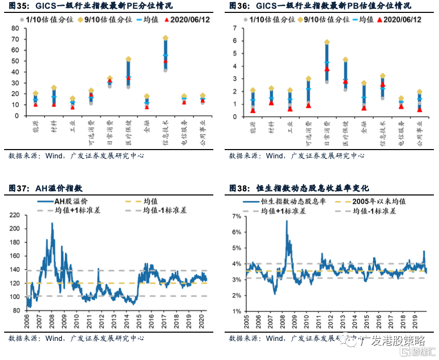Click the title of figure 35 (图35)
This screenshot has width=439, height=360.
[90, 6]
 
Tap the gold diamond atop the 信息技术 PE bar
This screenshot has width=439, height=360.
[165, 38]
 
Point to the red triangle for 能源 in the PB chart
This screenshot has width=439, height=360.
[252, 110]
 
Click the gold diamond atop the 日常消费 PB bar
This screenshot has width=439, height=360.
[327, 42]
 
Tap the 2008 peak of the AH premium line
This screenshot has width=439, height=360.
[52, 223]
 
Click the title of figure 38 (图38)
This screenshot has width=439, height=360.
[299, 188]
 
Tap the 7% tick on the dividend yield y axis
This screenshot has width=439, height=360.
[237, 216]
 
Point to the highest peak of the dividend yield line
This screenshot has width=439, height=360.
[286, 221]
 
